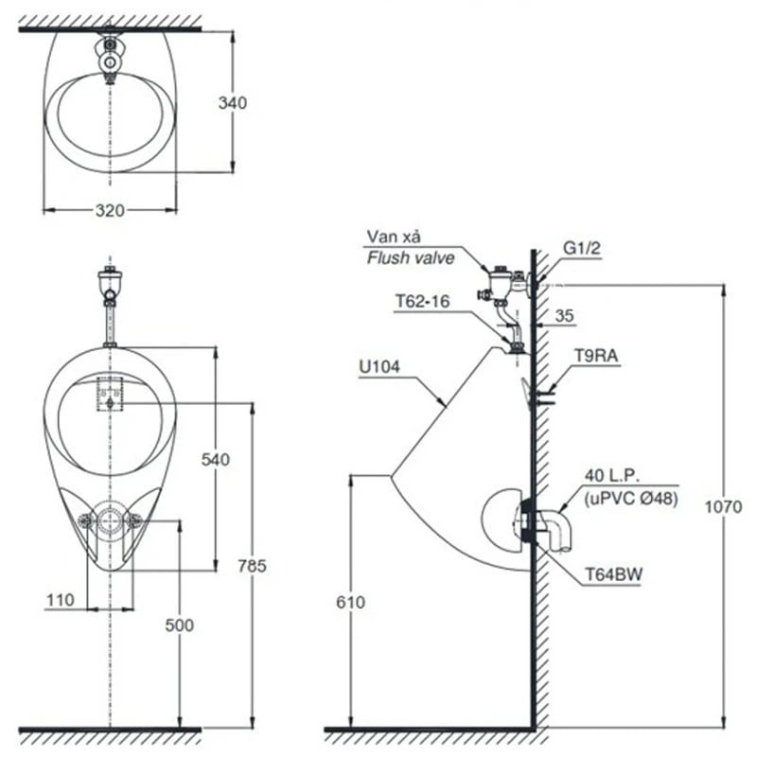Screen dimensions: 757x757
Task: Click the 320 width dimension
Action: click(110, 211)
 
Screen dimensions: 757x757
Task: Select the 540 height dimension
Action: click(216, 459)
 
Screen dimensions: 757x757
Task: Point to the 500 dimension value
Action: click(178, 625)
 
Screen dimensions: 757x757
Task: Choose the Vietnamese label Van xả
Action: click(389, 238)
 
